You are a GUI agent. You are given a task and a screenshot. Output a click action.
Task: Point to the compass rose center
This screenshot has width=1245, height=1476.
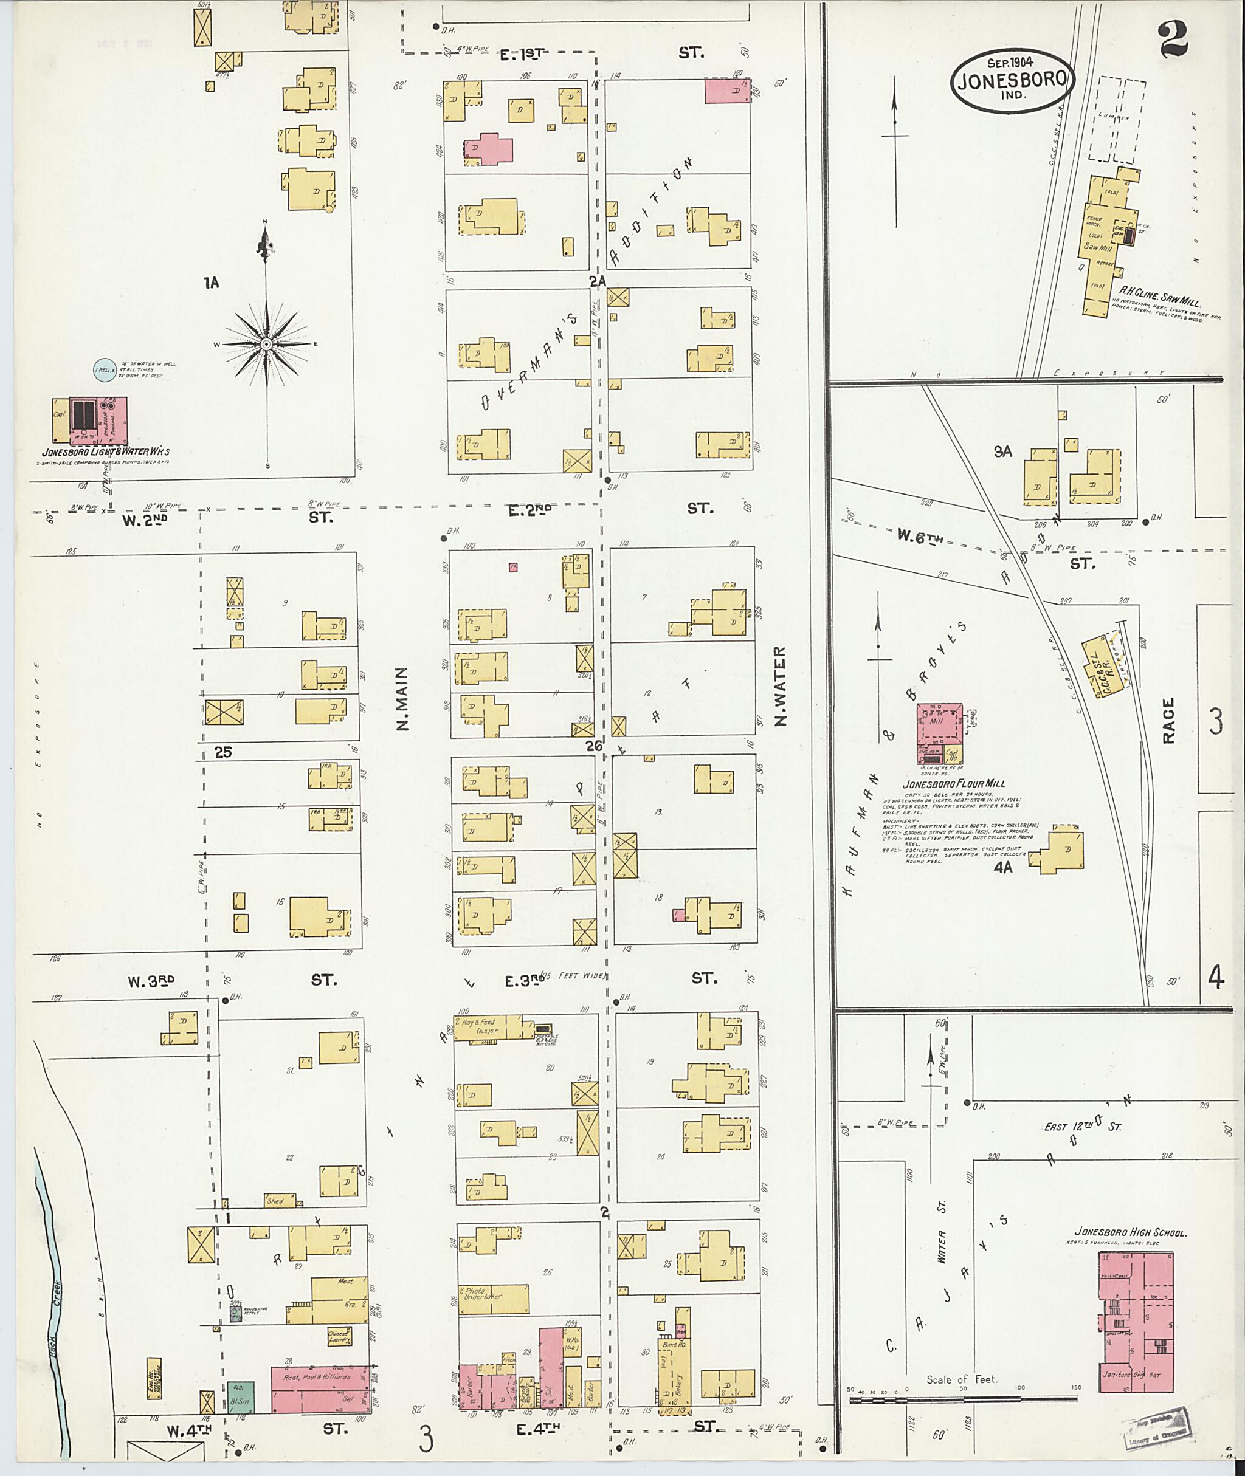coord(267,343)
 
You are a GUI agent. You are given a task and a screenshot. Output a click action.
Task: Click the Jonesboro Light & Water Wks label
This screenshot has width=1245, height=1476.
coord(105,451)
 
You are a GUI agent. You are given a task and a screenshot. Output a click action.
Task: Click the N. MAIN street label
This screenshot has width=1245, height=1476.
coord(402,698)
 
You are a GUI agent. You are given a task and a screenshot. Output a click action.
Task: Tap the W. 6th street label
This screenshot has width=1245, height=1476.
coord(920,536)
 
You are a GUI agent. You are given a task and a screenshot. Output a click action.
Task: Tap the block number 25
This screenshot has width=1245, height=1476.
coord(223,752)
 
